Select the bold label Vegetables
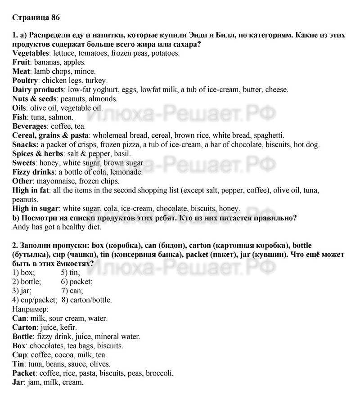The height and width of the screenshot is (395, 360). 30,53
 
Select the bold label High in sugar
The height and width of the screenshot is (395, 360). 36,208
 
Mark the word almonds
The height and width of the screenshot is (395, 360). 104,99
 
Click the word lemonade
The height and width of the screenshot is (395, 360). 128,172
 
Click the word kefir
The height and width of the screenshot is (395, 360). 67,327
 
